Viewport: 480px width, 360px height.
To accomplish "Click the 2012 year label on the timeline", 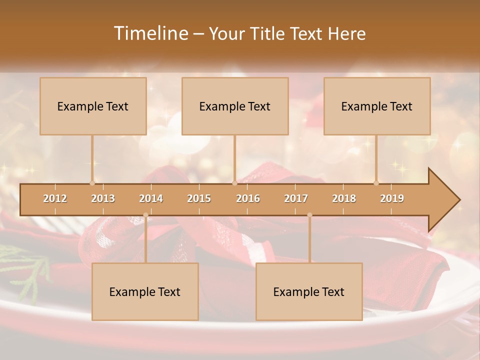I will (x=55, y=198).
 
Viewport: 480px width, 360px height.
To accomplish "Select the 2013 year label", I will (x=103, y=198).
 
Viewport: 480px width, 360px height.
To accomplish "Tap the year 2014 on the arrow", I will (x=151, y=198).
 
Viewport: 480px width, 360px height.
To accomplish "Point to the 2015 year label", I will (x=199, y=198).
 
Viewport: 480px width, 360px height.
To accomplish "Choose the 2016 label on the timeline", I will (x=248, y=198).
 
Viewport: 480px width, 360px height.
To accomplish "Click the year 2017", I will (x=296, y=198).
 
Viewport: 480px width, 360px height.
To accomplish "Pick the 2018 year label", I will (x=344, y=198).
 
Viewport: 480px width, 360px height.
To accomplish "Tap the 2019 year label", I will (x=392, y=198).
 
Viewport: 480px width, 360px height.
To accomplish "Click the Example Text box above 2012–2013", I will (x=93, y=106).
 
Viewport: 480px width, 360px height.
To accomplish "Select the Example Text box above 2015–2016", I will (x=235, y=106).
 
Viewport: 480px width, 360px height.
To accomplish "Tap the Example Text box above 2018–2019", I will (x=377, y=106).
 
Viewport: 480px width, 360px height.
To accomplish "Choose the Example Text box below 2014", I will (x=145, y=291).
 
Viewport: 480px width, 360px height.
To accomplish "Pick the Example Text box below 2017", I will (x=309, y=291).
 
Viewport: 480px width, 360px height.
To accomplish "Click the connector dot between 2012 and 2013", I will (x=92, y=183).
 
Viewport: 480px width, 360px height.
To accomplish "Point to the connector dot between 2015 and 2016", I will (x=234, y=183).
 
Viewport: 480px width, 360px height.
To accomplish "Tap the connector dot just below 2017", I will (x=309, y=215).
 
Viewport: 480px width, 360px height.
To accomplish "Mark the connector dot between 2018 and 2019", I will (x=376, y=183).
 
